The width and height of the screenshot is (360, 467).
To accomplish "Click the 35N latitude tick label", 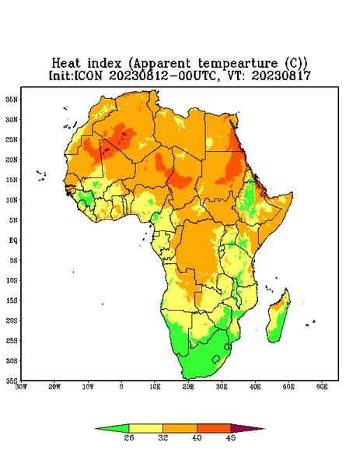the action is pos(12,99).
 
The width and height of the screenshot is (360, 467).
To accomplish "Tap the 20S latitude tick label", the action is pos(12,321).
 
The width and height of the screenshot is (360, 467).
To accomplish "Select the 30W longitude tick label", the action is pos(21,387).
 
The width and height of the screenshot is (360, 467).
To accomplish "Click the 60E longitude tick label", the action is pos(322,387).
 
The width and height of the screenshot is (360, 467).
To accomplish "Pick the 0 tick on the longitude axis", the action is pos(121,387).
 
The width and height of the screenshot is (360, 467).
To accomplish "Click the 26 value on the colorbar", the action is pos(129,437).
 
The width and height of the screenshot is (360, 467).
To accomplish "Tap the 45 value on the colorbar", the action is pos(231,437).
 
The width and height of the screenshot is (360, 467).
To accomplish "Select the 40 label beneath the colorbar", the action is pos(197,437).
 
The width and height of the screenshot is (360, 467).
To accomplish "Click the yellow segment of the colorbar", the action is pos(145,428).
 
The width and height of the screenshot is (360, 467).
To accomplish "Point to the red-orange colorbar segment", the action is pos(214,428).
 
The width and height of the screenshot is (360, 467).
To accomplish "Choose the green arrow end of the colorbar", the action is pos(112,428).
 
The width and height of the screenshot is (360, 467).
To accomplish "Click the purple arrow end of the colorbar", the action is pos(248,428).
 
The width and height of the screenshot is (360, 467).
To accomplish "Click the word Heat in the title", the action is pos(66,64).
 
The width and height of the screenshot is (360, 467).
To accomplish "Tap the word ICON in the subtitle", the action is pos(88,75).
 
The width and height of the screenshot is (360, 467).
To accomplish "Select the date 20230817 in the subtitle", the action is pos(281,75).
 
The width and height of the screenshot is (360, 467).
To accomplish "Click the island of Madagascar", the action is pos(278,318).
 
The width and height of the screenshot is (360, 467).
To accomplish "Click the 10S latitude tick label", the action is pos(12,280).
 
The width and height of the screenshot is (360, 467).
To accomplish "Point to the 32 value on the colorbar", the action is pos(163,437).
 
